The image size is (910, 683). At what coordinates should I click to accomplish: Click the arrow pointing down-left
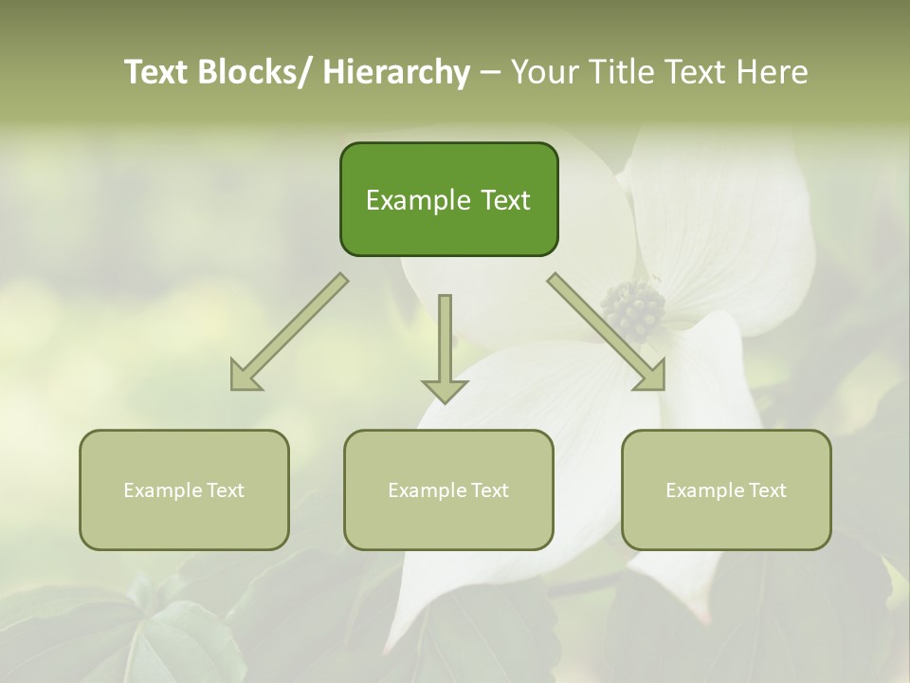pos(289,332)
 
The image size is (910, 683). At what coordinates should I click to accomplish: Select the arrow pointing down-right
pos(607,332)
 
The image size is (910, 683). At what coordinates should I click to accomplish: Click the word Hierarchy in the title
pos(396,72)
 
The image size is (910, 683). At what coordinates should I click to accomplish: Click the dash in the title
pos(491,73)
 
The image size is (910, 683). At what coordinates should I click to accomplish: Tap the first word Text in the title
pos(157,72)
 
